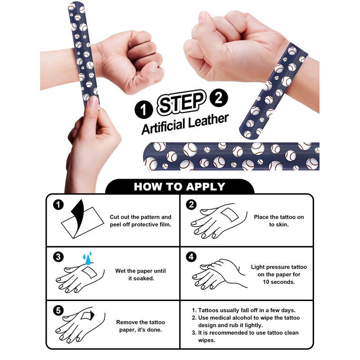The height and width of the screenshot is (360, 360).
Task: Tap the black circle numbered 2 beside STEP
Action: (x=219, y=98)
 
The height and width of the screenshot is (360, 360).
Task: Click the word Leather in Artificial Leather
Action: (x=208, y=121)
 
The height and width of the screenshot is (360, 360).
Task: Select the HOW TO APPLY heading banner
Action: (x=180, y=186)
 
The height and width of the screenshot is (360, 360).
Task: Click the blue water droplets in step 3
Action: (x=87, y=258)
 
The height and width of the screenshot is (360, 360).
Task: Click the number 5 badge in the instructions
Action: (x=58, y=310)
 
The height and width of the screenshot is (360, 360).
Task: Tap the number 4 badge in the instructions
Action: (x=191, y=256)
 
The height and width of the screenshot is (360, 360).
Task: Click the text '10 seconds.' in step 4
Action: (x=279, y=282)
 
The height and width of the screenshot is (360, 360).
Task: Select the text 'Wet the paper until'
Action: (x=140, y=271)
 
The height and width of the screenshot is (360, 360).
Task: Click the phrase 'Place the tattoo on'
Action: (x=279, y=217)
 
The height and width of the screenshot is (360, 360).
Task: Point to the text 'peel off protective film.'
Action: (x=140, y=225)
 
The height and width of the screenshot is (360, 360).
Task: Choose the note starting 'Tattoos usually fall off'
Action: (x=247, y=310)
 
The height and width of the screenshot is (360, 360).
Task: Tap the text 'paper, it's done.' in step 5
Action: (x=140, y=330)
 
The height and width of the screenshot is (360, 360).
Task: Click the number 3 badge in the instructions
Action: (x=58, y=256)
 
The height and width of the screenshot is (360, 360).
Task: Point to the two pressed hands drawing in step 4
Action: (x=220, y=274)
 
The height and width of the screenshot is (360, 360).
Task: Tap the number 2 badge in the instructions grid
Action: (x=191, y=205)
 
